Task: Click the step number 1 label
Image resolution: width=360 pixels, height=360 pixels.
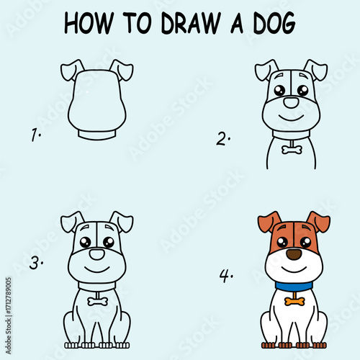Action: click(33, 135)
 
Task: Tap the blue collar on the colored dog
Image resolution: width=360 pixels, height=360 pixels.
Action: click(294, 286)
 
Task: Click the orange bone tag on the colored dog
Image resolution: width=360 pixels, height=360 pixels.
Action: click(294, 300)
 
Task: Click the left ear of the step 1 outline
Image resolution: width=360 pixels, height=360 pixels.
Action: click(71, 70)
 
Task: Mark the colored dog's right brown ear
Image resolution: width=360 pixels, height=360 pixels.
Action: click(318, 220)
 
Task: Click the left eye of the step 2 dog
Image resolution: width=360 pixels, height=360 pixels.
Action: click(279, 91)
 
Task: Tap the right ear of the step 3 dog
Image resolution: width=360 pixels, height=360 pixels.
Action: click(122, 220)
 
